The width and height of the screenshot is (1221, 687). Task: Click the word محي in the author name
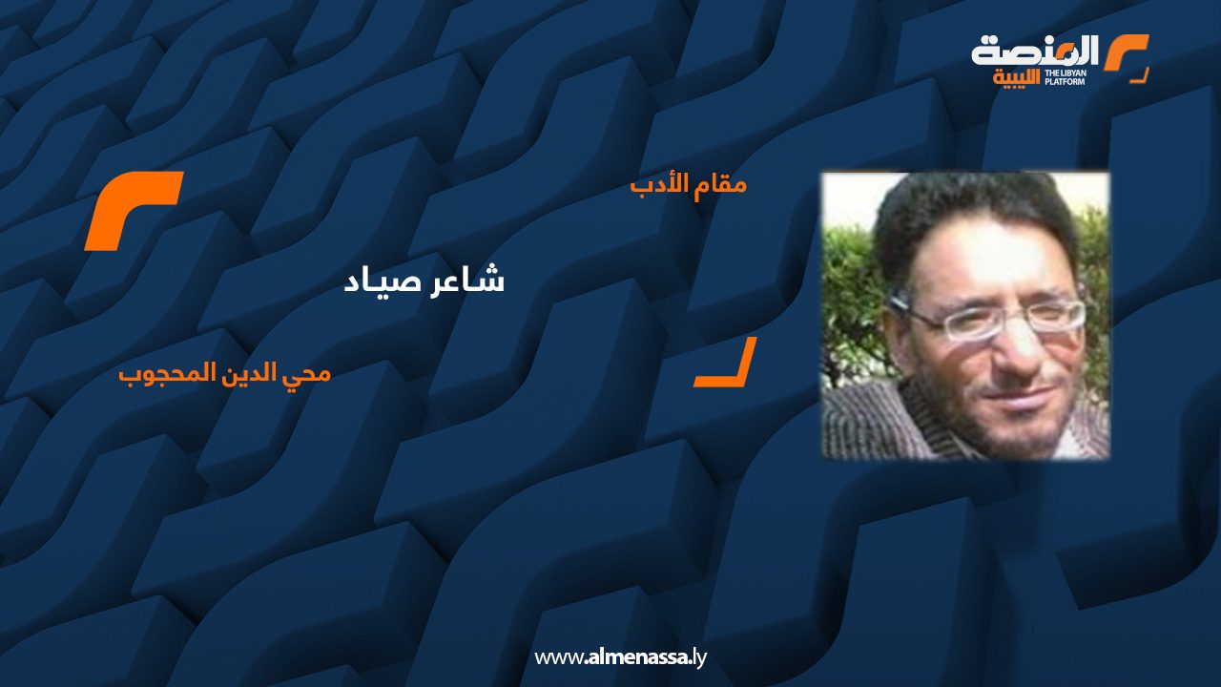pyautogui.click(x=312, y=373)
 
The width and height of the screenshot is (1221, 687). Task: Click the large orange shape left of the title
pyautogui.click(x=133, y=211)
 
